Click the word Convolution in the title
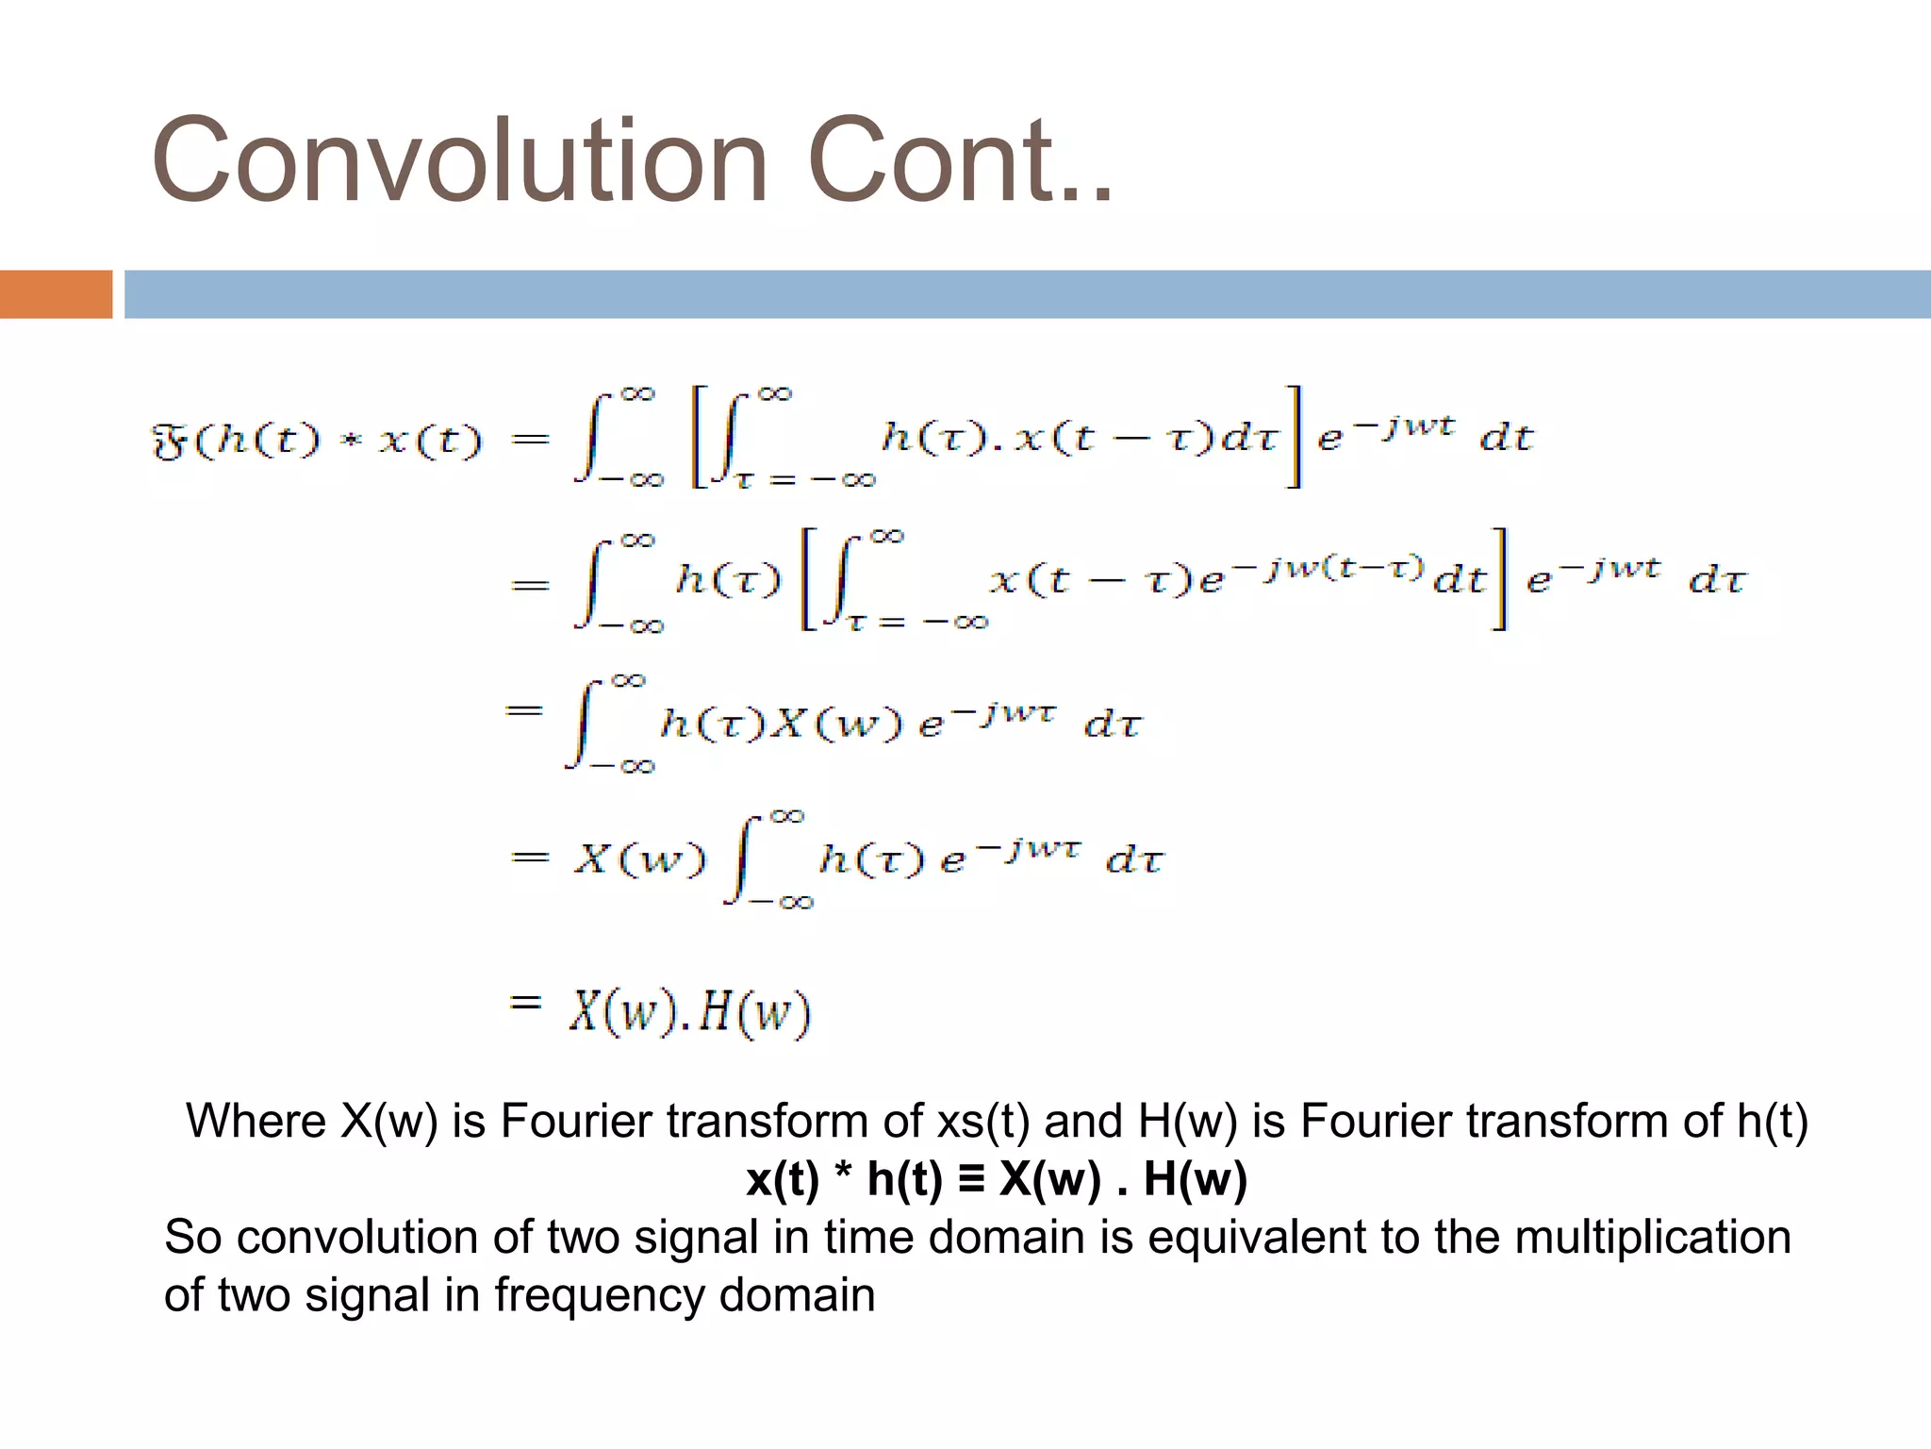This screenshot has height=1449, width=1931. click(459, 160)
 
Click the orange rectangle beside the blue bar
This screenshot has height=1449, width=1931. click(56, 294)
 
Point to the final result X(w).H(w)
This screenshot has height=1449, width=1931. click(689, 1012)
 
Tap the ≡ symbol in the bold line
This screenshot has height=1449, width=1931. click(970, 1179)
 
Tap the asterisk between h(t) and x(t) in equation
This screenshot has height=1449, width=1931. click(351, 442)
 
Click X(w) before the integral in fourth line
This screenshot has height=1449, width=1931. click(638, 858)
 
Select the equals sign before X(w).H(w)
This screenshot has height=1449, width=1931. click(525, 1002)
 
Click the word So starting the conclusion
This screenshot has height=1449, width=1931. click(193, 1237)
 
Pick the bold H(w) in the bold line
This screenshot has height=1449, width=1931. click(1195, 1180)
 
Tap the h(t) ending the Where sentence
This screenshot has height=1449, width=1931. click(1772, 1122)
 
